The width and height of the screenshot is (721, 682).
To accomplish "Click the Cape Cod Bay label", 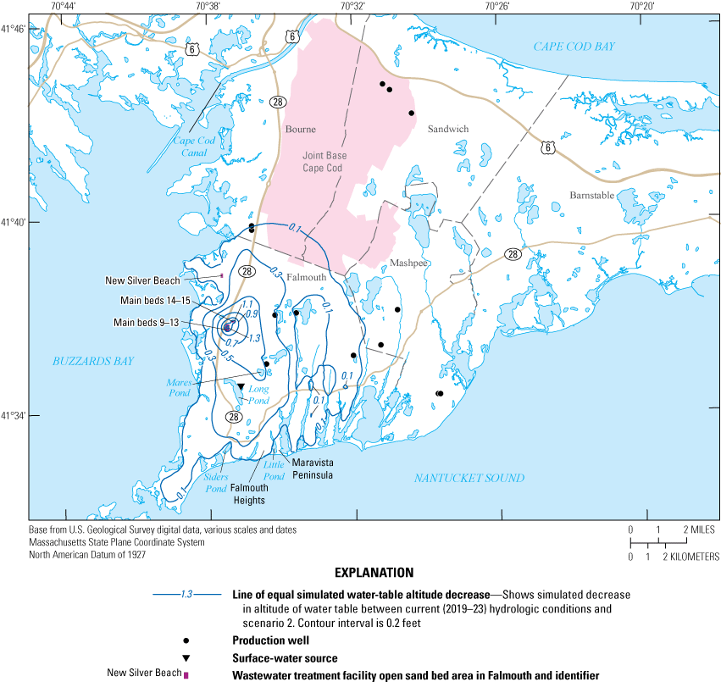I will coord(574,47).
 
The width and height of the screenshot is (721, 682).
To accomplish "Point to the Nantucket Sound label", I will coord(469,479).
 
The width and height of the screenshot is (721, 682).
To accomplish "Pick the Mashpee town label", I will coord(409,263).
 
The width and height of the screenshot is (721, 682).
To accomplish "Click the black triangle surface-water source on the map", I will coord(241,387).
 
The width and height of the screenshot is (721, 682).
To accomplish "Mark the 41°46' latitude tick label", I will coord(14,30).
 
